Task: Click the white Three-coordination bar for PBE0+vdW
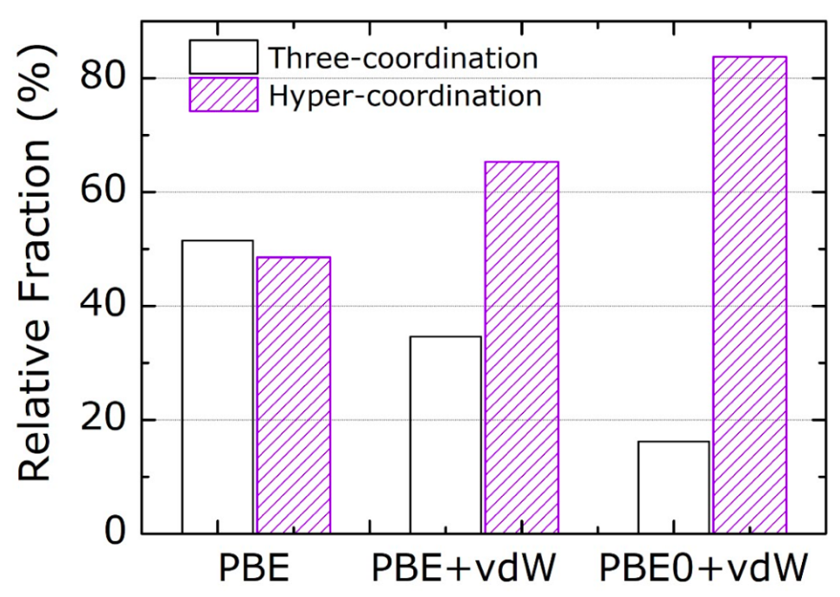click(x=673, y=487)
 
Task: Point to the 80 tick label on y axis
click(x=103, y=79)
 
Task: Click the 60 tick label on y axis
click(x=103, y=193)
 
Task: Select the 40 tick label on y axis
click(x=103, y=307)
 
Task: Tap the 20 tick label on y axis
click(x=103, y=421)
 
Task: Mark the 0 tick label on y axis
click(x=114, y=533)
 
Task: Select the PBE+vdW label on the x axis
click(x=466, y=570)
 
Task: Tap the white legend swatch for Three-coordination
click(x=223, y=57)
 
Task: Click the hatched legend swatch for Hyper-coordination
click(x=223, y=94)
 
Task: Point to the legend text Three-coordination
click(x=403, y=58)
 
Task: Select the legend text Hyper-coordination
click(x=405, y=95)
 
